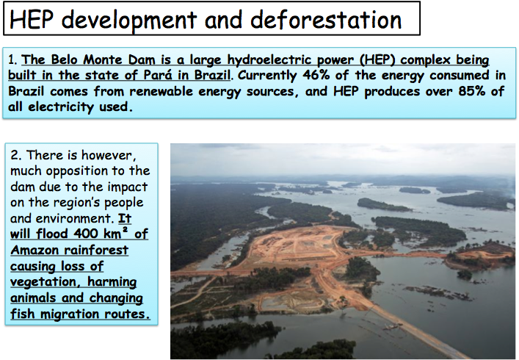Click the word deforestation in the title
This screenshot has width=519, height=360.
click(326, 20)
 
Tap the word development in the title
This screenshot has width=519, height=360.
click(129, 21)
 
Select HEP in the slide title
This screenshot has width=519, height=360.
click(32, 20)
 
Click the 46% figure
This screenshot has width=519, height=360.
click(316, 75)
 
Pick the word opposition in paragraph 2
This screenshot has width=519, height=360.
click(76, 171)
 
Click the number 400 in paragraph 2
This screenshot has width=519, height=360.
click(85, 234)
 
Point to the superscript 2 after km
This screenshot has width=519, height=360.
click(125, 229)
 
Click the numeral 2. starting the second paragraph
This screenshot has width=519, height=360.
click(15, 155)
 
